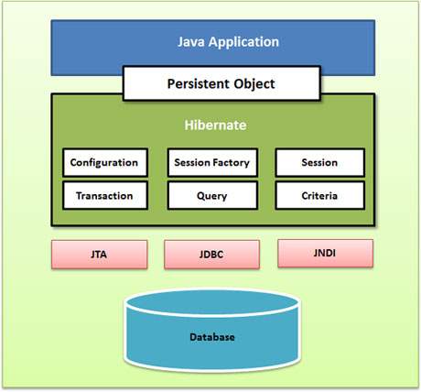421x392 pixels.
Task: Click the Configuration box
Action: tap(104, 163)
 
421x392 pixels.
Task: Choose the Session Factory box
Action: tap(211, 163)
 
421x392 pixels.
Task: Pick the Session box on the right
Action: tap(319, 163)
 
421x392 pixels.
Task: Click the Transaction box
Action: tap(104, 195)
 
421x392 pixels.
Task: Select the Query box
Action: tap(211, 195)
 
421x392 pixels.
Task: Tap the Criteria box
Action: tap(319, 195)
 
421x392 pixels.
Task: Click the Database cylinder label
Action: tap(211, 338)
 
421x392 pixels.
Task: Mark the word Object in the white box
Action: tap(254, 84)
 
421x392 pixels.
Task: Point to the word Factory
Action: tap(232, 163)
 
